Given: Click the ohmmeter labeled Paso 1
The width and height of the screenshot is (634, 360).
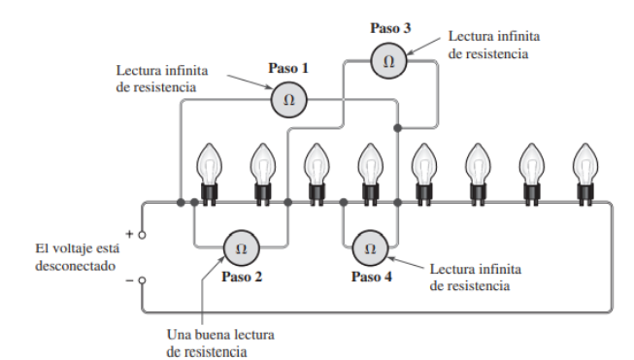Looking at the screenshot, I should pyautogui.click(x=287, y=99).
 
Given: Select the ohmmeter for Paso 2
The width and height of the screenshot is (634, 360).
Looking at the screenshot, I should pyautogui.click(x=242, y=248).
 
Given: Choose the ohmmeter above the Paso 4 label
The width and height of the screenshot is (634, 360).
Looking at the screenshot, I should pyautogui.click(x=368, y=248).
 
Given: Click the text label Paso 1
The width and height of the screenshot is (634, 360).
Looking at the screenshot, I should pyautogui.click(x=287, y=70).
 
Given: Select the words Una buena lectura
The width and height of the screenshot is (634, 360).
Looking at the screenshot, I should pyautogui.click(x=219, y=335).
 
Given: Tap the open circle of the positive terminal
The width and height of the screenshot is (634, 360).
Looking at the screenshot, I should pyautogui.click(x=144, y=235).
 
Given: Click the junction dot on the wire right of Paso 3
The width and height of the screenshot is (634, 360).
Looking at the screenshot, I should pyautogui.click(x=398, y=128).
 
